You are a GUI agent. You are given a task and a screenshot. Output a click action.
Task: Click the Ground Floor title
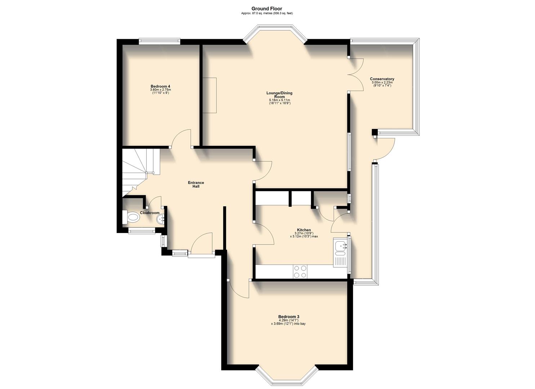(267, 9)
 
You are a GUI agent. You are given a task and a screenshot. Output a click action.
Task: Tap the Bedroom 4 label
(160, 86)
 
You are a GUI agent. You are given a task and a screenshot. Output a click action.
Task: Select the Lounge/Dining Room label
(279, 95)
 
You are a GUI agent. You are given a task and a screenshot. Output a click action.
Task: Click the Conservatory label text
(382, 79)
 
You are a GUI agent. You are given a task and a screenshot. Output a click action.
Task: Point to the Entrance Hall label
(196, 184)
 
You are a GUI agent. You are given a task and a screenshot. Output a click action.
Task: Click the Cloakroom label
(150, 213)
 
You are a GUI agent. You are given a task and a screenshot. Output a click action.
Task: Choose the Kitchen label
(304, 230)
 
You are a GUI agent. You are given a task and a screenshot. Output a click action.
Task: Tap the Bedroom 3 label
(289, 317)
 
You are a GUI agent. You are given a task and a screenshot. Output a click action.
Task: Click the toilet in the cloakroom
(131, 217)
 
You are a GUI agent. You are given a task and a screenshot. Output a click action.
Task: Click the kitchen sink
(340, 246)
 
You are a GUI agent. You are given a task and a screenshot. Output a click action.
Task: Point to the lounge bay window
(275, 32)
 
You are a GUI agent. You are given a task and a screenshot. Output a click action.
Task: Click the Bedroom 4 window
(159, 41)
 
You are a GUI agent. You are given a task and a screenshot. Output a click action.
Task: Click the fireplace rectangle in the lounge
(209, 95)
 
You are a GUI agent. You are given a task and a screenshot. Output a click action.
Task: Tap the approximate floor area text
(267, 13)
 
